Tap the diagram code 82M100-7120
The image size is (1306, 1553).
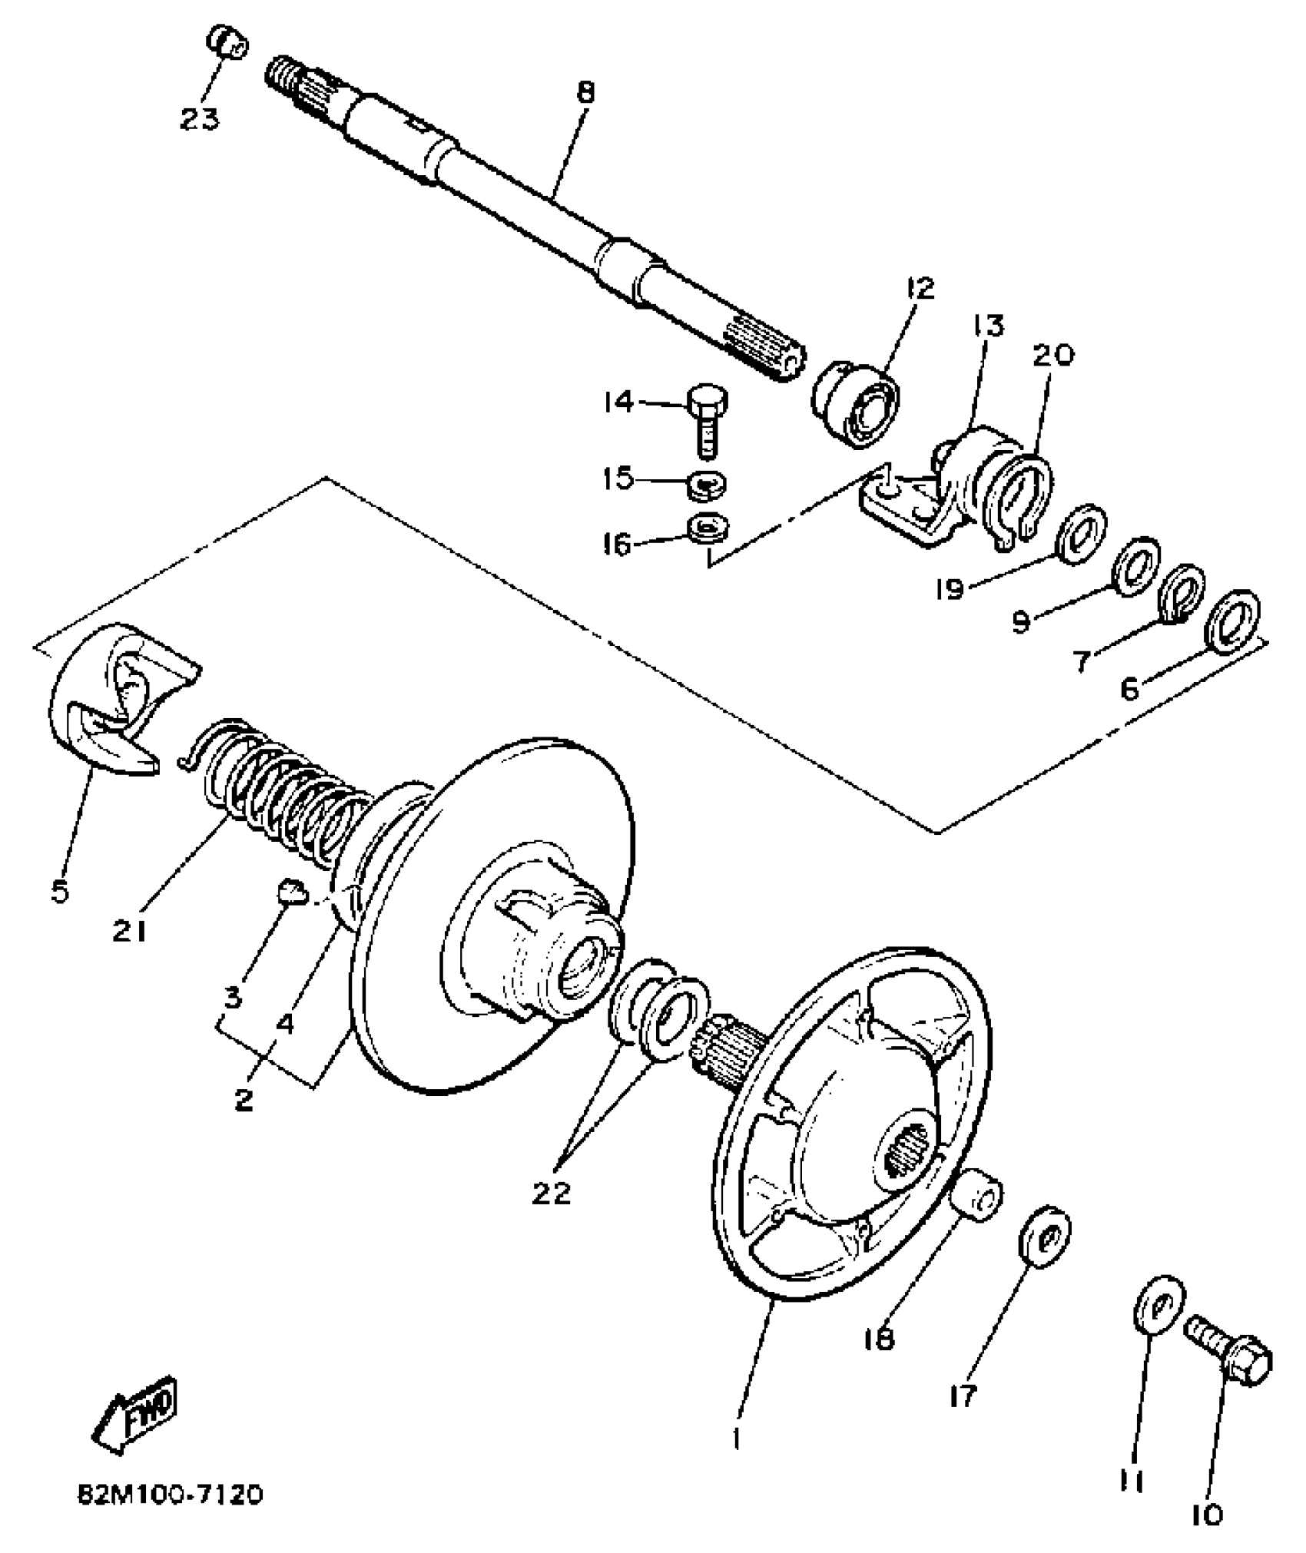(170, 1494)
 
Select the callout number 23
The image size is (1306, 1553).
(200, 119)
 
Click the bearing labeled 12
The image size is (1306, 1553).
(857, 408)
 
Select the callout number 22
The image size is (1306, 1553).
(552, 1193)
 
